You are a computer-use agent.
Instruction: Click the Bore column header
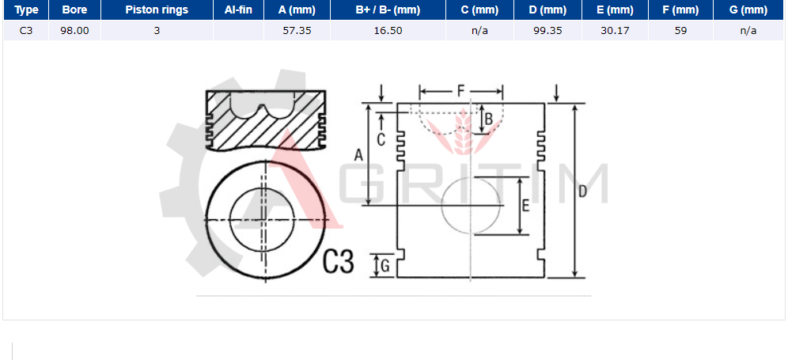(x=74, y=9)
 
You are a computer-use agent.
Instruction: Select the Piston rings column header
(x=157, y=9)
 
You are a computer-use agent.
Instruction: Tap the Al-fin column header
(x=239, y=9)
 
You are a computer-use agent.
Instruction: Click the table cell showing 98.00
(x=74, y=31)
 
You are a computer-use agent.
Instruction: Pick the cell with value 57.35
(x=297, y=31)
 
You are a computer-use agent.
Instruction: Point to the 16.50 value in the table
(x=388, y=31)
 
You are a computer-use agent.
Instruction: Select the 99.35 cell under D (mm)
(x=547, y=31)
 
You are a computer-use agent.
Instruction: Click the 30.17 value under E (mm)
(x=615, y=31)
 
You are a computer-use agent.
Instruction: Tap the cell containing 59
(x=681, y=31)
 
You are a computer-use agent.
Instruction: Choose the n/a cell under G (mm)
(x=748, y=31)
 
